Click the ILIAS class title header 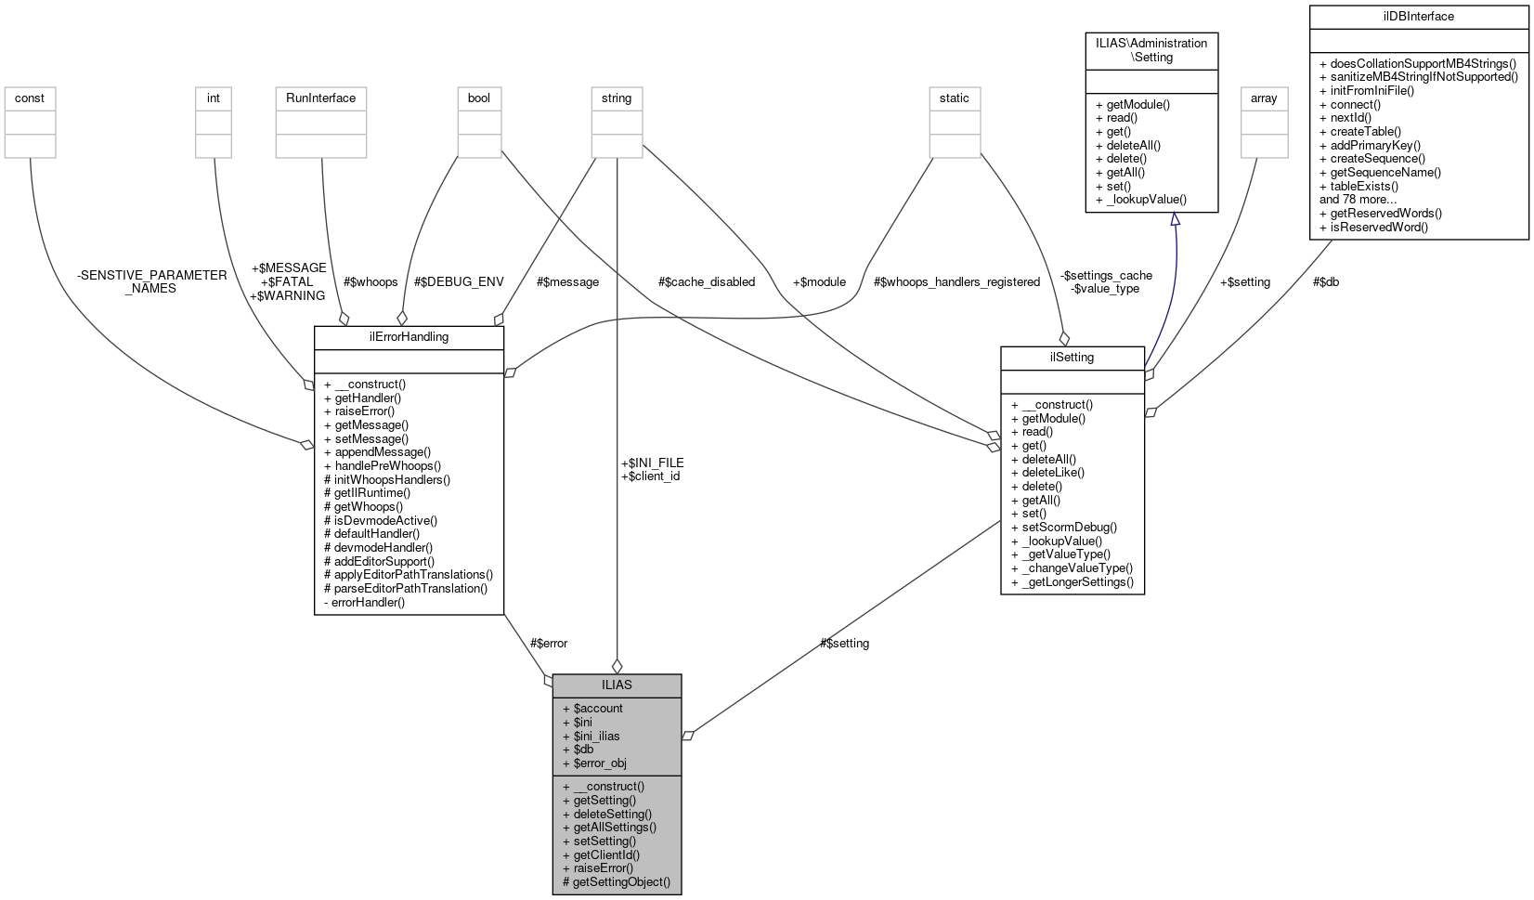click(x=617, y=685)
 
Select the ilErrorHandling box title click(x=409, y=336)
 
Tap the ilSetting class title click(x=1072, y=357)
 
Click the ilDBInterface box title click(x=1418, y=16)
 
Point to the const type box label click(x=30, y=98)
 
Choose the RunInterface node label click(x=321, y=98)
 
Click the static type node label click(x=954, y=98)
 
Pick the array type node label click(x=1264, y=98)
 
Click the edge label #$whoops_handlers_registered click(x=956, y=281)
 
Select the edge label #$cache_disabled click(x=706, y=281)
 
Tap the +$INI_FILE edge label click(x=652, y=463)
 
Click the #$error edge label click(x=548, y=643)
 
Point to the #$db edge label click(x=1325, y=281)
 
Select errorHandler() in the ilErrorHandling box click(x=369, y=602)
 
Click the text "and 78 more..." click(x=1358, y=199)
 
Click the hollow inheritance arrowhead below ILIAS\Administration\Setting click(x=1175, y=219)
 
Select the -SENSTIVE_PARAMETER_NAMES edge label click(x=151, y=281)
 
